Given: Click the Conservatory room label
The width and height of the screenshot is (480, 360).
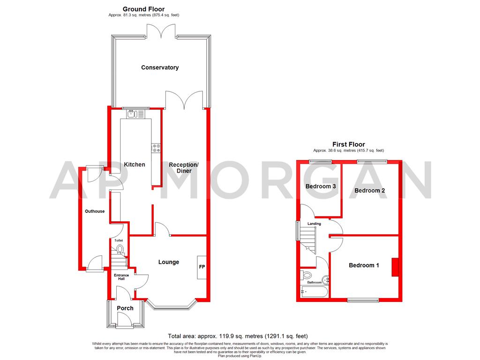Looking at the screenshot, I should click(x=160, y=67).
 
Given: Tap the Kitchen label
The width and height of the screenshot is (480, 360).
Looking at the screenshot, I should click(x=134, y=165).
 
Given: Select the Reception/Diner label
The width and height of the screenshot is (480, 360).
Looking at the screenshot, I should click(x=184, y=168).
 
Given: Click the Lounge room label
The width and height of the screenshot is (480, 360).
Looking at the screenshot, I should click(x=168, y=262).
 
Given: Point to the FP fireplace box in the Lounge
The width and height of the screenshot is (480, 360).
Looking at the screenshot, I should click(x=202, y=267).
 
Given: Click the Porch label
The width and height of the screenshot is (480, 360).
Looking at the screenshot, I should click(x=125, y=308).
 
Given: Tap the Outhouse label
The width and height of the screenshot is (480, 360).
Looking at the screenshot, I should click(x=95, y=211).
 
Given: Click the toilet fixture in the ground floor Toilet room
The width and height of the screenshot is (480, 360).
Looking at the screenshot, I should click(x=120, y=249).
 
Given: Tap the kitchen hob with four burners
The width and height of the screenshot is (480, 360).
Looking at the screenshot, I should click(x=157, y=148).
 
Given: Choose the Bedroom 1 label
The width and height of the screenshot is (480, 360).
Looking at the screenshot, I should click(x=364, y=265).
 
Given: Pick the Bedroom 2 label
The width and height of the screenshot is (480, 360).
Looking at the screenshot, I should click(x=369, y=191).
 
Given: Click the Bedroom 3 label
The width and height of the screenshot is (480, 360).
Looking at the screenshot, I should click(x=321, y=187).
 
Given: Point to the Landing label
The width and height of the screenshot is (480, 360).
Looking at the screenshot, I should click(x=314, y=224).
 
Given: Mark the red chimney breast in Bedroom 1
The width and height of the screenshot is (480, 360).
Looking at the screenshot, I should click(x=395, y=267).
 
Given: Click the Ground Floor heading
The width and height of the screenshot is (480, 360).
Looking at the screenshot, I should click(x=143, y=9).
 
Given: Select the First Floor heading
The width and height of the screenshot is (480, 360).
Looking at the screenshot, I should click(x=348, y=144).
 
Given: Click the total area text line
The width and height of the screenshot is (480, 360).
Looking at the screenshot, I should click(x=238, y=336).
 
